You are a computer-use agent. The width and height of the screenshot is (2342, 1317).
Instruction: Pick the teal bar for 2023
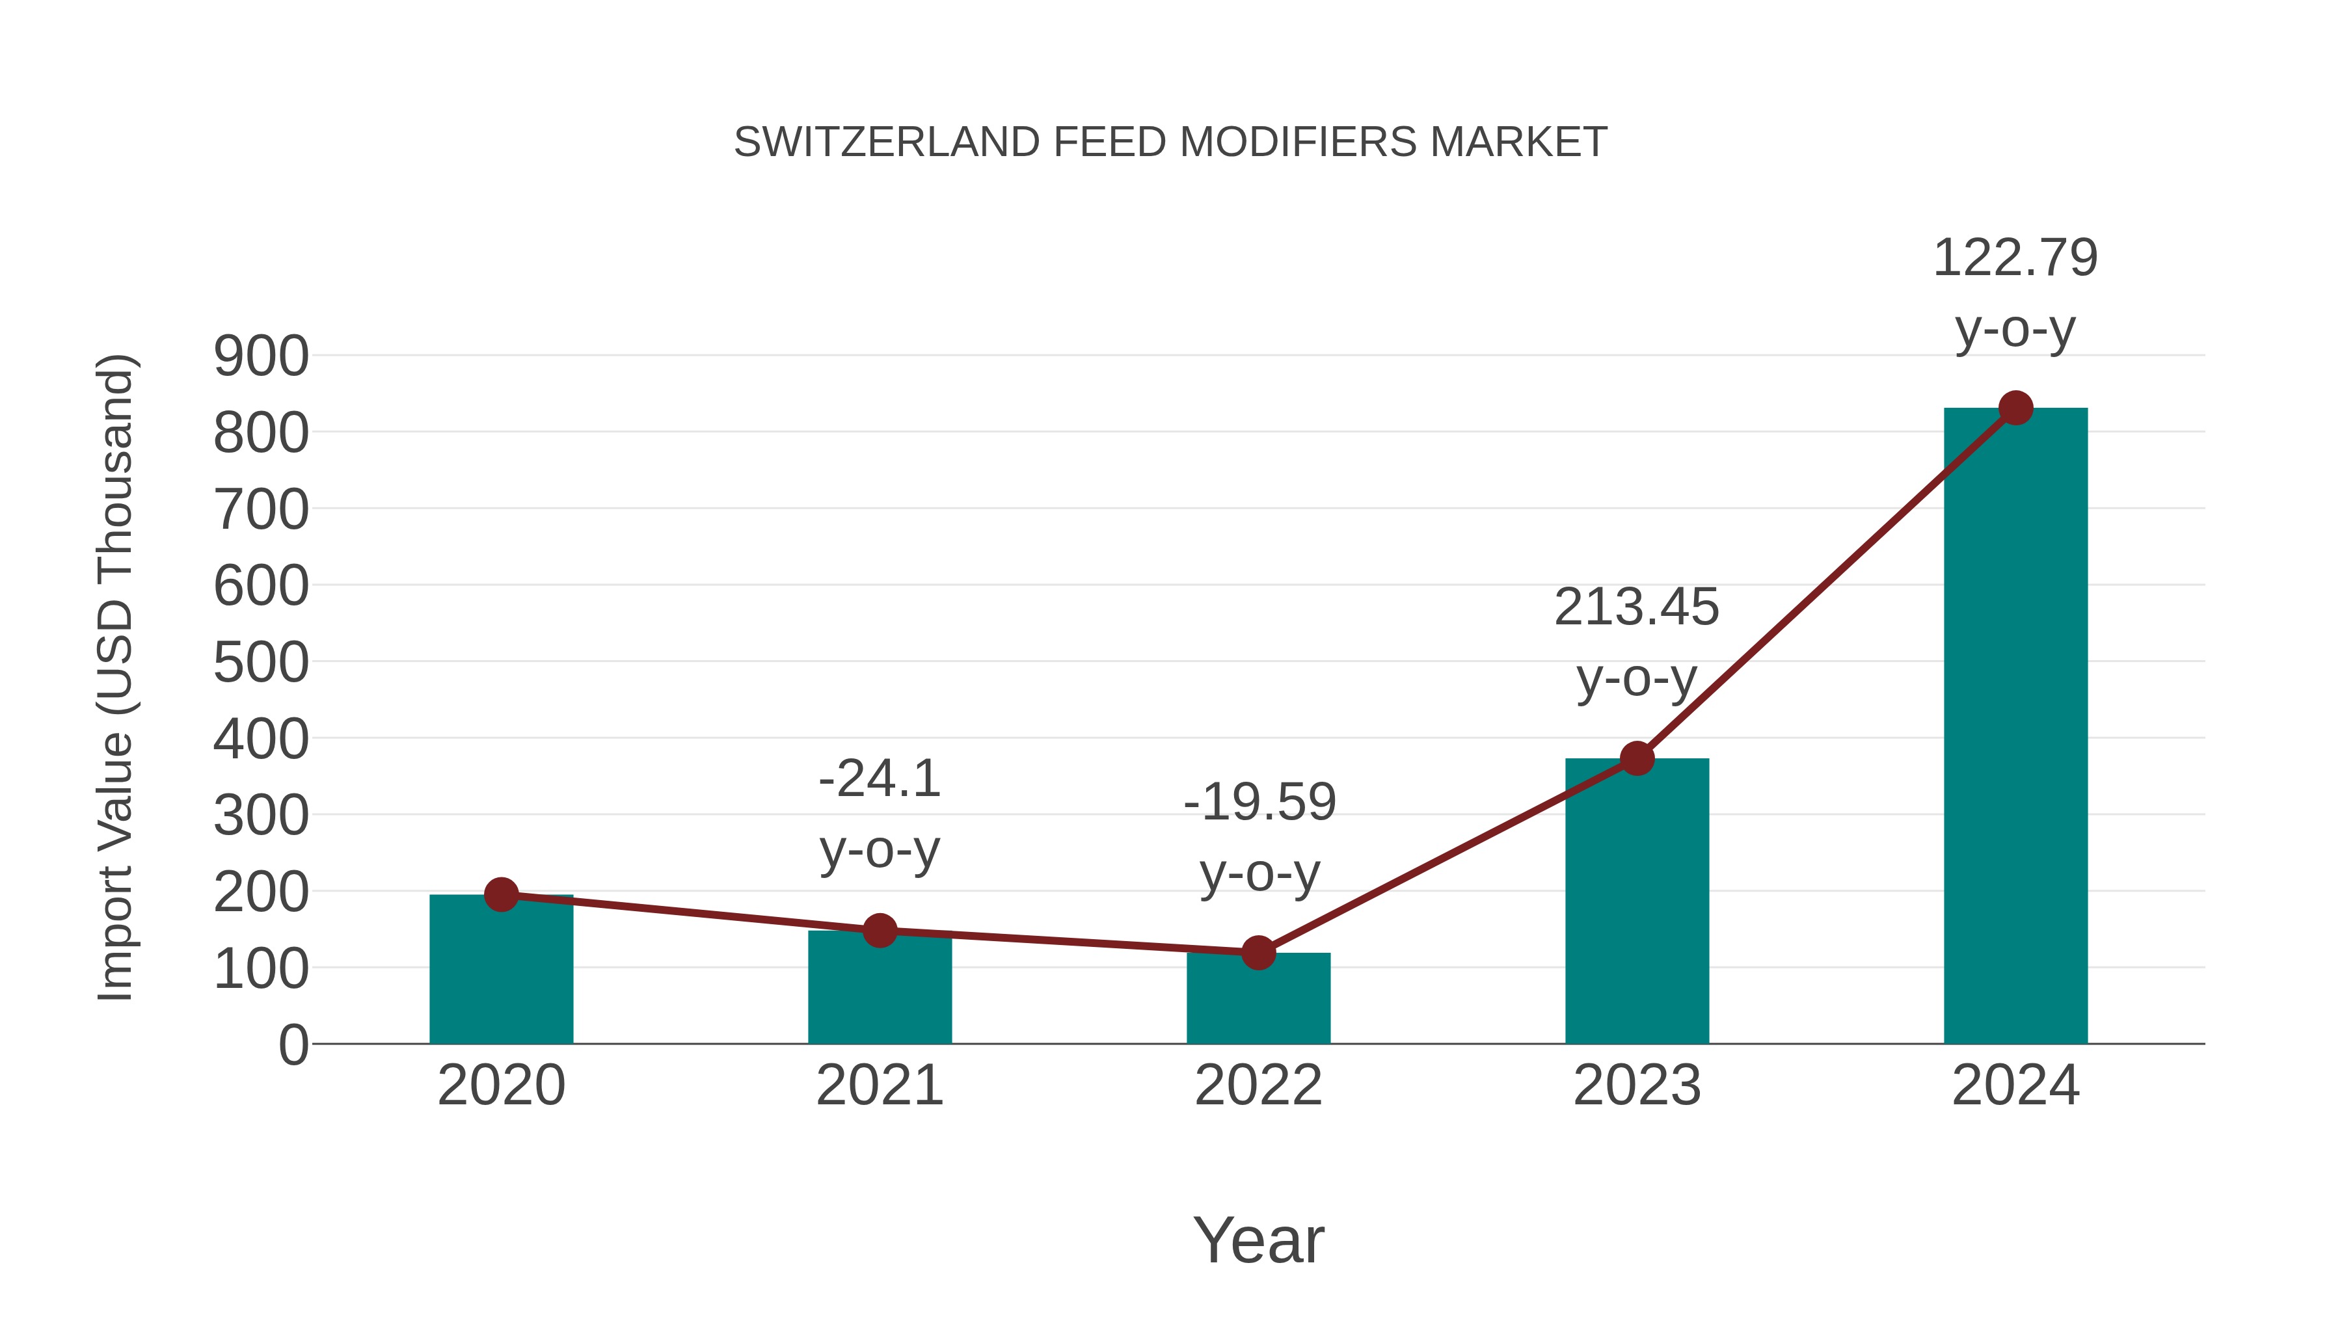[1637, 905]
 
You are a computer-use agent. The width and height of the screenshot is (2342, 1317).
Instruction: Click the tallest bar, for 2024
[2015, 727]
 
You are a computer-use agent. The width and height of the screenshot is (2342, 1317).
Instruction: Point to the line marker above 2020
[501, 896]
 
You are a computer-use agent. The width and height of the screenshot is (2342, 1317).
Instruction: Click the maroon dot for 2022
[1258, 953]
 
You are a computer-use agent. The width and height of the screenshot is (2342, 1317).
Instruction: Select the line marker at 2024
[2015, 408]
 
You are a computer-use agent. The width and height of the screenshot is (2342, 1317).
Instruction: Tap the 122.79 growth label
[2015, 258]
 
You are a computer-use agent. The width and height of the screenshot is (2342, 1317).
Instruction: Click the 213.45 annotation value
[1637, 607]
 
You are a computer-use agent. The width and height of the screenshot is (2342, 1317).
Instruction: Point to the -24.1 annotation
[879, 779]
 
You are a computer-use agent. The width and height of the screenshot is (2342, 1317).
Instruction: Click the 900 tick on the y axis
[261, 356]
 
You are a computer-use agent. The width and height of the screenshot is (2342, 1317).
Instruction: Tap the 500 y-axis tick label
[261, 663]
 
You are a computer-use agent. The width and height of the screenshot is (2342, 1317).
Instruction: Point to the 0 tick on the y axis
[293, 1045]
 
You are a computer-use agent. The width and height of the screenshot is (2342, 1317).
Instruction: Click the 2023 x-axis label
[1637, 1085]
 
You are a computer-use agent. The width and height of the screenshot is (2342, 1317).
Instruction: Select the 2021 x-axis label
[879, 1085]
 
